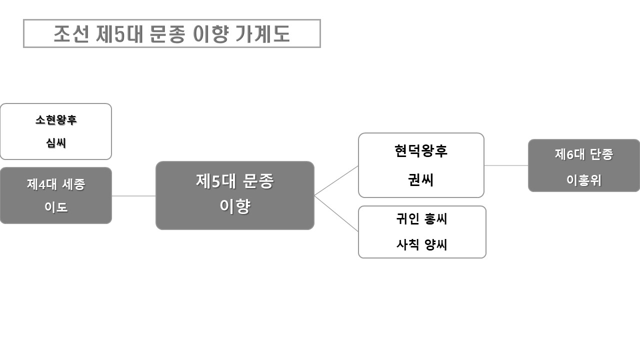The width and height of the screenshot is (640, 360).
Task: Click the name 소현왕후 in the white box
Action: [x=56, y=120]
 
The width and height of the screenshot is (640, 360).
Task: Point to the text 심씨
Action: [x=56, y=143]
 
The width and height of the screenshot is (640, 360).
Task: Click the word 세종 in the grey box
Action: [x=74, y=184]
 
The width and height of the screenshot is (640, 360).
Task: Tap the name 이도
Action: [x=56, y=207]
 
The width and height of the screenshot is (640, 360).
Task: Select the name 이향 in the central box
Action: [x=235, y=206]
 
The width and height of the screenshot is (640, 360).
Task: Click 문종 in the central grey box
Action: [x=257, y=181]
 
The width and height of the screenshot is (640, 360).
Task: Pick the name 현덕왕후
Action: [x=421, y=151]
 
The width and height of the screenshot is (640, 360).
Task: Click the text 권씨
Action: [x=421, y=180]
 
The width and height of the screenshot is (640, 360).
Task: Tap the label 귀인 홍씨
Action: [x=421, y=219]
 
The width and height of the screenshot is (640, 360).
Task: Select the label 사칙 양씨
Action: [x=421, y=245]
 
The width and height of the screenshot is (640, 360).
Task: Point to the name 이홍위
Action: [x=584, y=180]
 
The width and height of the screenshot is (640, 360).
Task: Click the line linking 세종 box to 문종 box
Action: [x=133, y=196]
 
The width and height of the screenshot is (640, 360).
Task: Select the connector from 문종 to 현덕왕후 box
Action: [x=336, y=180]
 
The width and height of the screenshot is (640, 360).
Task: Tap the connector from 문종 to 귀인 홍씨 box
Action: [x=336, y=213]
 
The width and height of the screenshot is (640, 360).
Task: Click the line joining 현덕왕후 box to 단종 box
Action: [x=506, y=165]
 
